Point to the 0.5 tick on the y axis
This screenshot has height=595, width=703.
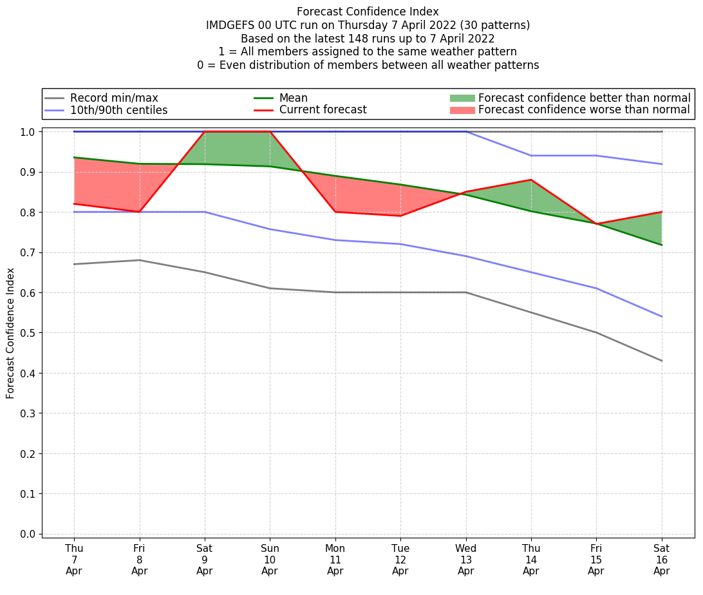coord(28,333)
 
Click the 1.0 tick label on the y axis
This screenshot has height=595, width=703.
coord(28,131)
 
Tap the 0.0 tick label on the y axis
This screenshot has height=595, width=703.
coord(28,534)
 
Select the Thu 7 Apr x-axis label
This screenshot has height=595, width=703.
coord(74,559)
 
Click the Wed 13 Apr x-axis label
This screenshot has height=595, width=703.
coord(465,559)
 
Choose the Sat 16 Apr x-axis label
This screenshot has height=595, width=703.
coord(661,559)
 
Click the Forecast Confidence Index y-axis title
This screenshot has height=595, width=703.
coord(10,333)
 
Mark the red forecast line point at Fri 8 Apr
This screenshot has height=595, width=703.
coord(139,212)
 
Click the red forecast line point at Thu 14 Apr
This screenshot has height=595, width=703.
coord(531,180)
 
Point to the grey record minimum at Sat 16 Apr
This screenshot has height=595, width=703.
coord(661,361)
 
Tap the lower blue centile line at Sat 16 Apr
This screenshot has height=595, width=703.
coord(661,316)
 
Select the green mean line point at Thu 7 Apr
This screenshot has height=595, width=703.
coord(74,157)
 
